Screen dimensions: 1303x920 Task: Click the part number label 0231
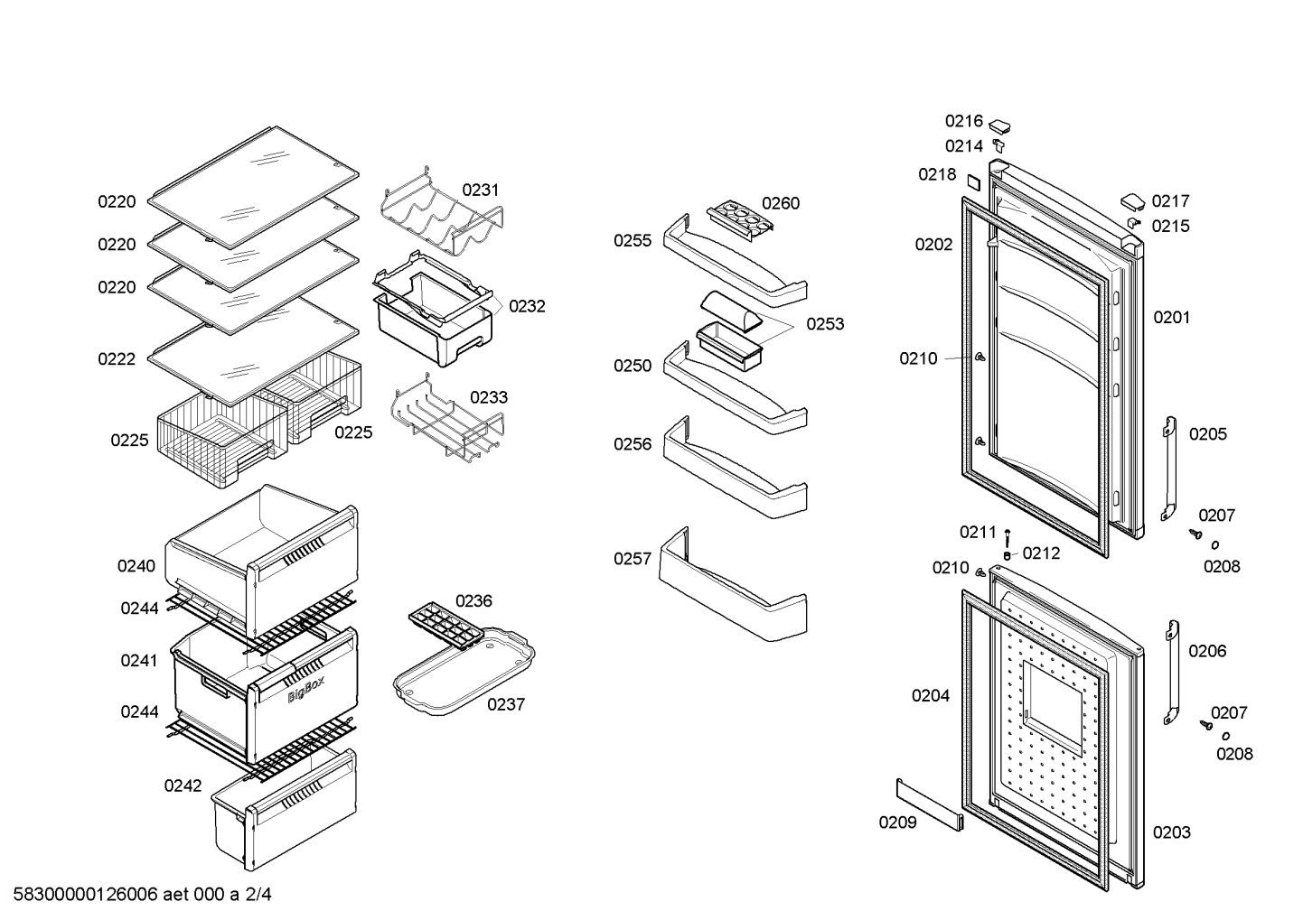coord(481,190)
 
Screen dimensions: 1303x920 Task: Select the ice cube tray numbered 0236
coord(446,624)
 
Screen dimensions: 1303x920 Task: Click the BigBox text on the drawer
coord(306,689)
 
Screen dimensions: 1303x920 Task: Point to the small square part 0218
coord(973,181)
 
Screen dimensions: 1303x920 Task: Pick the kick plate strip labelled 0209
coord(930,804)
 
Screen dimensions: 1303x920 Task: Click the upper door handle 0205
coord(1169,469)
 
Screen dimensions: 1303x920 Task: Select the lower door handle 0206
coord(1172,672)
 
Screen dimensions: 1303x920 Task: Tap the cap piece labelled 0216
coord(1000,126)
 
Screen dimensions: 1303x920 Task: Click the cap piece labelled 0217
coord(1133,201)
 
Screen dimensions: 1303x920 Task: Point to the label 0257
coord(633,559)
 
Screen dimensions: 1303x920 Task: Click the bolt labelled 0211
coord(1007,536)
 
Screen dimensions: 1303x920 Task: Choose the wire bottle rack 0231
coord(442,211)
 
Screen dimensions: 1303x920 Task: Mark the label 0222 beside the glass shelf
coord(117,359)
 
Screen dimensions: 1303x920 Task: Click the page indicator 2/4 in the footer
coord(258,894)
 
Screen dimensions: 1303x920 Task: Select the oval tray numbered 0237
coord(464,671)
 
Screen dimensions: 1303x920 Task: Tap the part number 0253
coord(825,324)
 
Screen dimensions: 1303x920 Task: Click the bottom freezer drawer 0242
coord(285,810)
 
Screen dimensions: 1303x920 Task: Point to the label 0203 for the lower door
coord(1172,832)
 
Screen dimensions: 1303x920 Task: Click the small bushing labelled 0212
coord(1007,555)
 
